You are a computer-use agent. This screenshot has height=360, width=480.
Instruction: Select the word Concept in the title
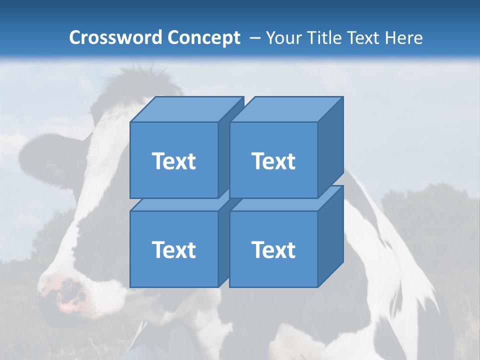click(x=203, y=38)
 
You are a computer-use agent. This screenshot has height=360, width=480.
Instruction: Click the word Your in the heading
click(x=283, y=38)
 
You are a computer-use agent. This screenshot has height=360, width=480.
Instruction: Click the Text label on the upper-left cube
click(x=173, y=161)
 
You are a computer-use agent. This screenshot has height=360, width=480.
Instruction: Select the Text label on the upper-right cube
click(x=273, y=161)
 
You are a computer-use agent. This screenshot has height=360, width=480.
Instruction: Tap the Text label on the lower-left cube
click(x=173, y=249)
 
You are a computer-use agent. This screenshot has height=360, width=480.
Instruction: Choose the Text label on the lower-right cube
click(x=273, y=249)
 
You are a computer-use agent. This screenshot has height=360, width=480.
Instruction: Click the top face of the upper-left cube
click(x=185, y=109)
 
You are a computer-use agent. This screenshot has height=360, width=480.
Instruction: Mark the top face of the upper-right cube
click(x=285, y=109)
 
